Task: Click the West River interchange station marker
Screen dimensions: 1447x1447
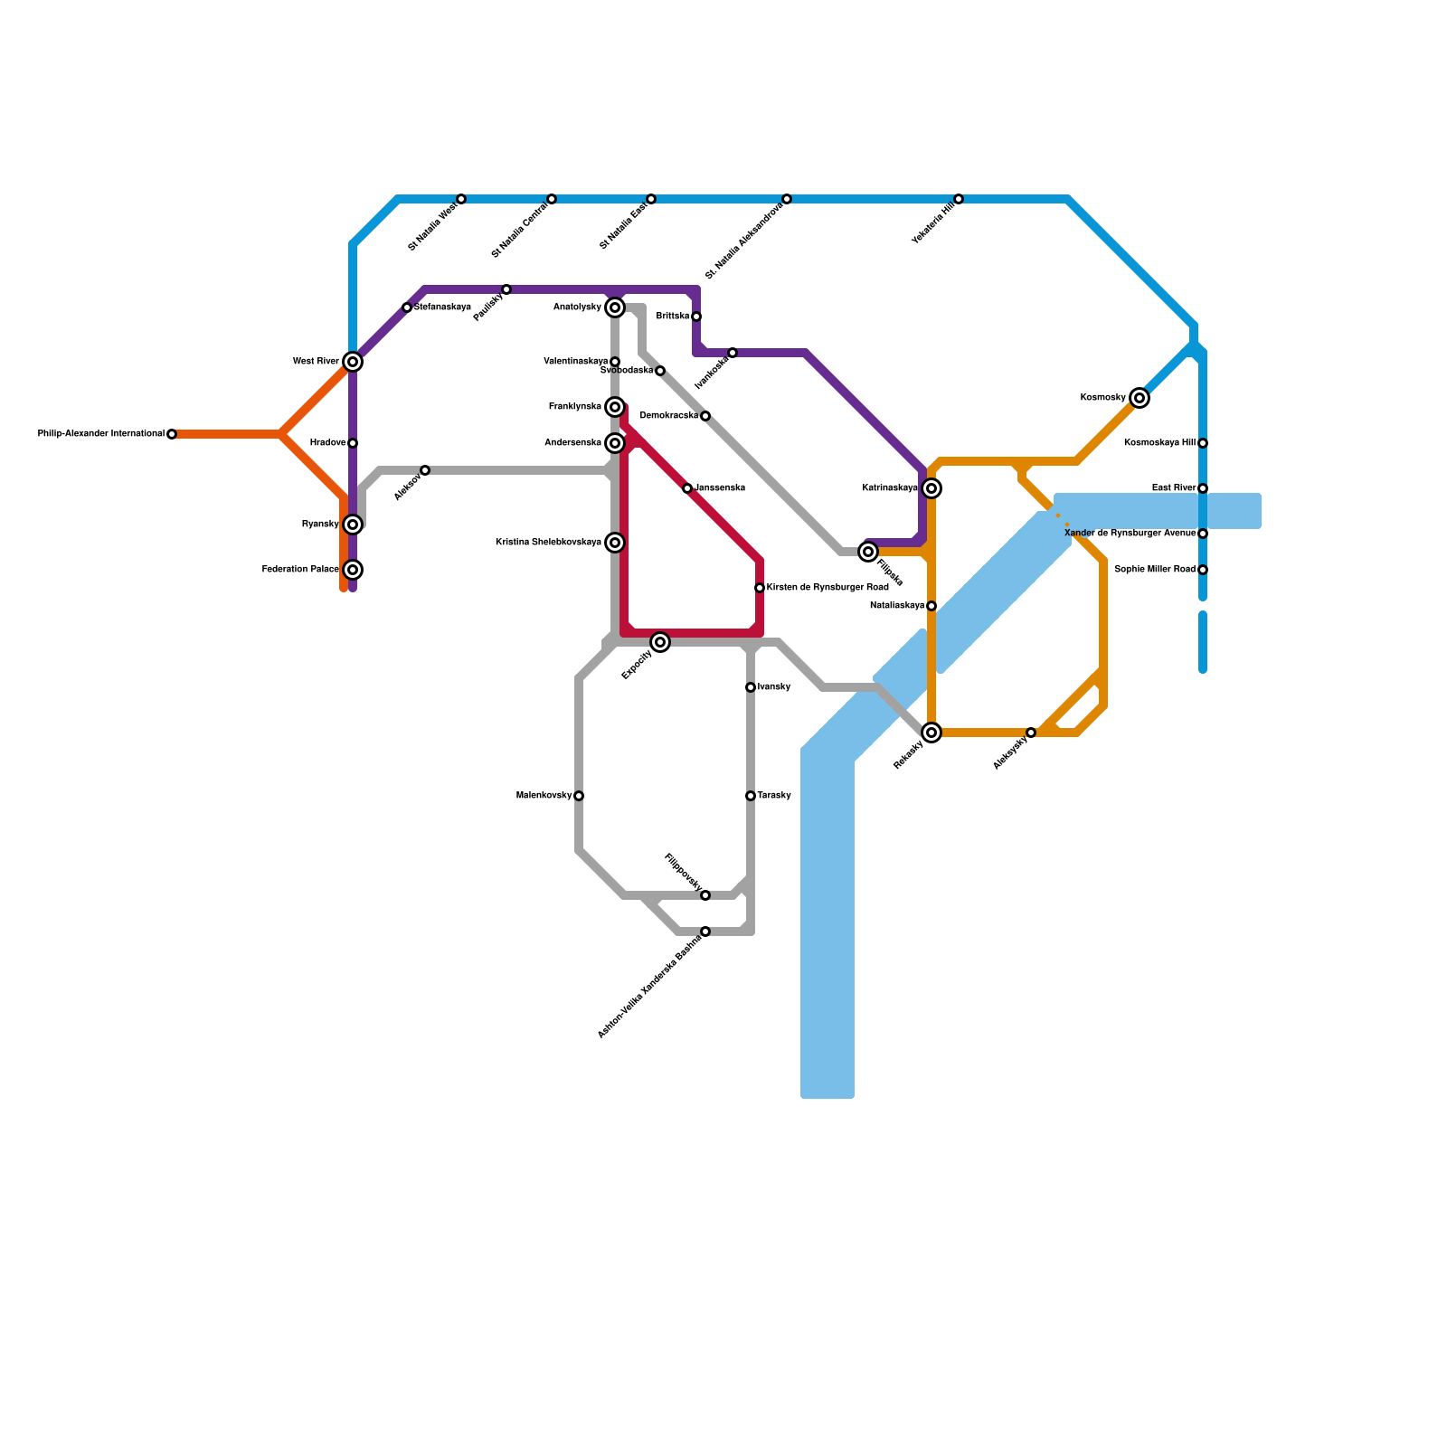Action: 353,362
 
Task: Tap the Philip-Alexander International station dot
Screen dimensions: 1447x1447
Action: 172,434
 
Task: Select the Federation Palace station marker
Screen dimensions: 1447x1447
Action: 353,570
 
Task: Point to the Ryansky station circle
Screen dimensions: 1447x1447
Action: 353,525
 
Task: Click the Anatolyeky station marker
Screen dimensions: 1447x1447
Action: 615,307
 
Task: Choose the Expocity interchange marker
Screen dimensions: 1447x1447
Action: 660,642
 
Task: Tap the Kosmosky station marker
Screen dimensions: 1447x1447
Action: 1140,398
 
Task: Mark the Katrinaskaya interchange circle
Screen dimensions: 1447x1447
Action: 932,488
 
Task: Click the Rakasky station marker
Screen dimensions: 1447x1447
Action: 932,733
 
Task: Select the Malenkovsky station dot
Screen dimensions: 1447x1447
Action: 579,796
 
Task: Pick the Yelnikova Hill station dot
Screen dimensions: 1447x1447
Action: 959,199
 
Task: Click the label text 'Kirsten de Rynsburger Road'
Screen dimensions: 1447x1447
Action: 828,588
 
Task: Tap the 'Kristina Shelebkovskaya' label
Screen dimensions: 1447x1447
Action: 548,543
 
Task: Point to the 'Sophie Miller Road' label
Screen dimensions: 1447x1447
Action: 1155,570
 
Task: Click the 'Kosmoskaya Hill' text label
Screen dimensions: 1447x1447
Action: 1159,443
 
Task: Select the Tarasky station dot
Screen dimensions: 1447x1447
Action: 751,796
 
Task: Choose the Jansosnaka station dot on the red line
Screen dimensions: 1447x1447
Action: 687,488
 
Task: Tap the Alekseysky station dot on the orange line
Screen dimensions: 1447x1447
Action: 1031,733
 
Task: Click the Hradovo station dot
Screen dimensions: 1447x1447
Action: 353,443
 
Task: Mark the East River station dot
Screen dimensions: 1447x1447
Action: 1203,488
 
